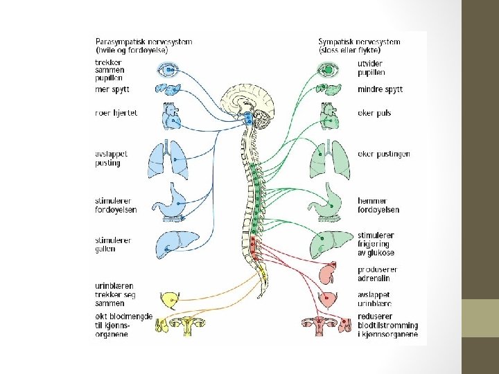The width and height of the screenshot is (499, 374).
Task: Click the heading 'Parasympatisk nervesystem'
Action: point(144,42)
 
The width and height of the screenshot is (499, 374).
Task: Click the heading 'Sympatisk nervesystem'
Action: point(359,42)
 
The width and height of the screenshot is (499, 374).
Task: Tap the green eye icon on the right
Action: point(328,69)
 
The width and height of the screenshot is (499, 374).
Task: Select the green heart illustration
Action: point(328,114)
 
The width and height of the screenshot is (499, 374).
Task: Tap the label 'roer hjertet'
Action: point(116,113)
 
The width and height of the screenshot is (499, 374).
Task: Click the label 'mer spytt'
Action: point(112,89)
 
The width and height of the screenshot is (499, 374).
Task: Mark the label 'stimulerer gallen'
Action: point(114,244)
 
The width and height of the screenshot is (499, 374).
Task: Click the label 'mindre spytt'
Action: point(380,89)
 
